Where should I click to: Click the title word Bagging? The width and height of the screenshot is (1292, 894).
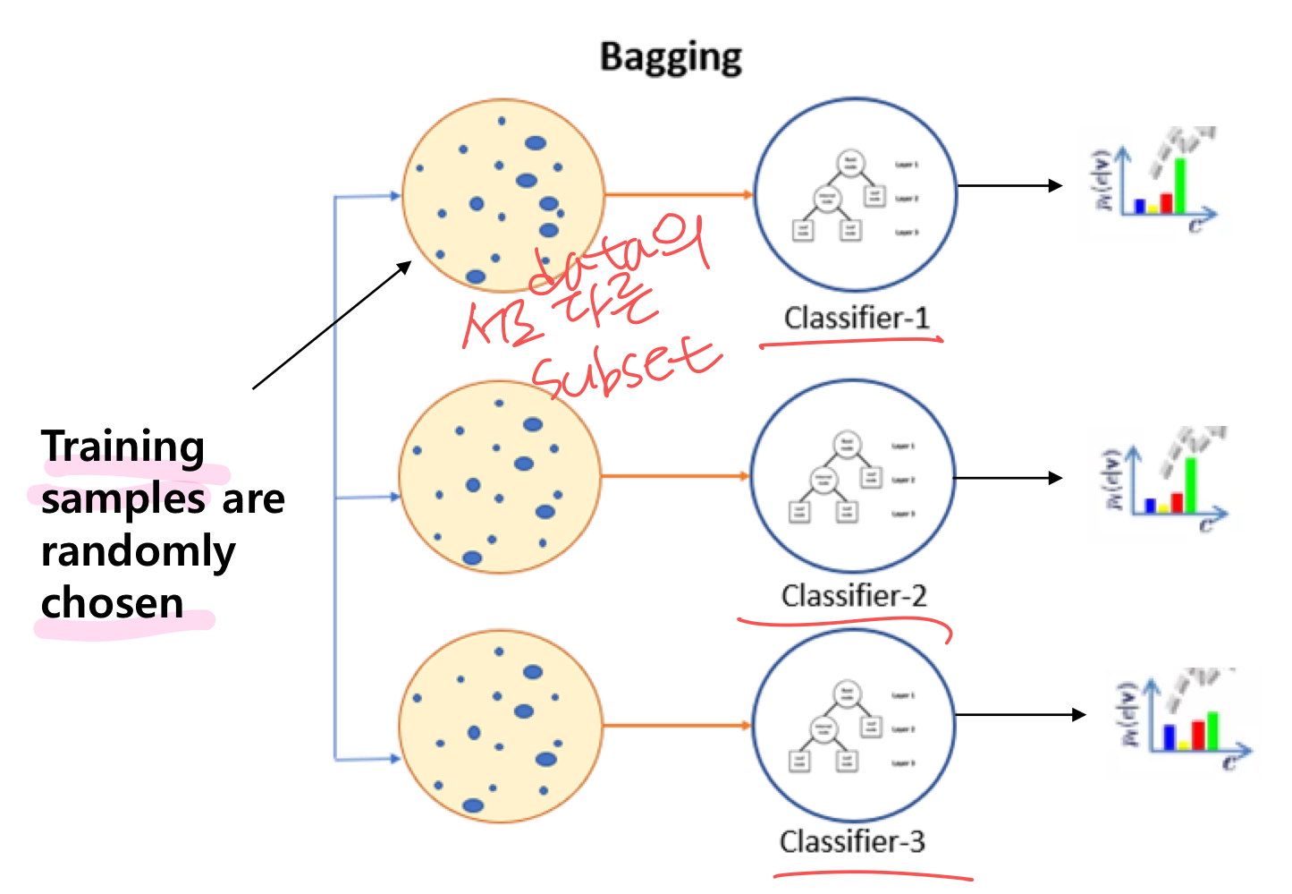point(671,57)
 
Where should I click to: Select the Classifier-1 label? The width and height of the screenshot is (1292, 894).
point(857,318)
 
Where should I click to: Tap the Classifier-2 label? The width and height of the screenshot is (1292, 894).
point(854,595)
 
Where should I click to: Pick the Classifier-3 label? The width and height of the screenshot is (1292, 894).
point(852,841)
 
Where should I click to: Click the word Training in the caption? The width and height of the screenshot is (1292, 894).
point(123,447)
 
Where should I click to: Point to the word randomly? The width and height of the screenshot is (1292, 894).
point(139,552)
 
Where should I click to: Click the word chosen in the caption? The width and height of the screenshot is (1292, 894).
point(113,603)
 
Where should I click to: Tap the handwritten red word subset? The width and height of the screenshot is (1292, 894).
point(626,369)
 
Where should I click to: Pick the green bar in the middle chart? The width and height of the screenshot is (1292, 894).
point(1190,484)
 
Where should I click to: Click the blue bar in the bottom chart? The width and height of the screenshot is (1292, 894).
point(1169,736)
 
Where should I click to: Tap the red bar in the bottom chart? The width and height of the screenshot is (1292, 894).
point(1198,735)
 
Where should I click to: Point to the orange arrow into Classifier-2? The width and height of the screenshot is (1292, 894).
point(675,476)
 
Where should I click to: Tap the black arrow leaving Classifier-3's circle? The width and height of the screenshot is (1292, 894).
point(1019,714)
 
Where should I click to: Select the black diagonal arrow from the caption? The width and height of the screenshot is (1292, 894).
point(331,326)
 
